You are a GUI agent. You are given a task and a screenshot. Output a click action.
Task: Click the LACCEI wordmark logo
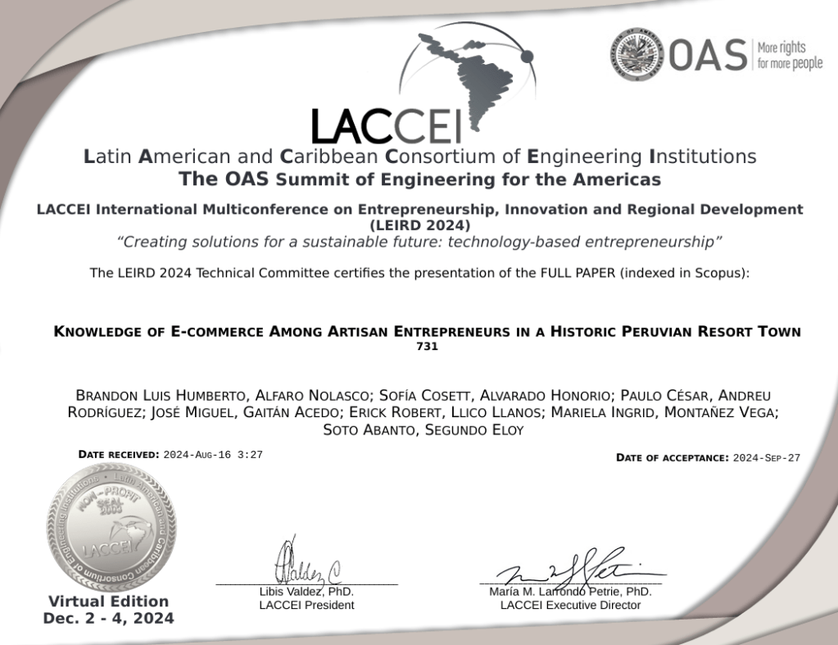386,125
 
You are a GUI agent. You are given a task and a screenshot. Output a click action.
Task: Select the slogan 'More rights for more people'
790,55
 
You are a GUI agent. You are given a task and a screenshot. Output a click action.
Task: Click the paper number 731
427,347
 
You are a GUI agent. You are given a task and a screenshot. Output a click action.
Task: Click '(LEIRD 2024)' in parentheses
419,225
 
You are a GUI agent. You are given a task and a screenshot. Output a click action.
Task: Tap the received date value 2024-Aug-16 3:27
213,454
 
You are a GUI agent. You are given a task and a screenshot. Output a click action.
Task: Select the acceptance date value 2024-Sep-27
766,458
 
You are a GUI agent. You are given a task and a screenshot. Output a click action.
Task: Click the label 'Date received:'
119,454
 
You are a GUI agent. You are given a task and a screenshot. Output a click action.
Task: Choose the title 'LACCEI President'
306,605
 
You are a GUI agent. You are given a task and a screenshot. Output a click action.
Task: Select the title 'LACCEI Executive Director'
570,605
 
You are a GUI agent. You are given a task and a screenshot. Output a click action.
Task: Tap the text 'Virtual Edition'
108,601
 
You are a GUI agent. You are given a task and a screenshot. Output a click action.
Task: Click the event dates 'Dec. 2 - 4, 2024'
108,618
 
